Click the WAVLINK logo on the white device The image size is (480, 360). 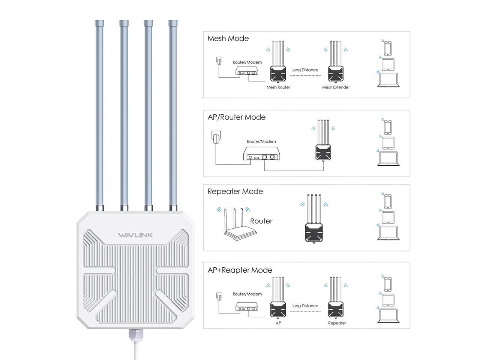[135, 235]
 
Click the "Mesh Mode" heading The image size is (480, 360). [228, 39]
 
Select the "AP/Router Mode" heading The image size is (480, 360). [236, 117]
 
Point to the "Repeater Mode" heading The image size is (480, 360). [235, 192]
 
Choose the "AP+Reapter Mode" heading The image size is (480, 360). [240, 270]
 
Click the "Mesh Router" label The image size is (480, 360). [278, 87]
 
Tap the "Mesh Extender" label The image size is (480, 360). [336, 87]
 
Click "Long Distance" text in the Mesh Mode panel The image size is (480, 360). [304, 70]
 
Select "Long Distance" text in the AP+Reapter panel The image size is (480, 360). [304, 306]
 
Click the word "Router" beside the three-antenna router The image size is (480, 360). [261, 221]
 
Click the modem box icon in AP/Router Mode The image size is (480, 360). [261, 154]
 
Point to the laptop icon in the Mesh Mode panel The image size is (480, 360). [388, 81]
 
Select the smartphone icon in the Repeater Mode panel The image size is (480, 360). [388, 201]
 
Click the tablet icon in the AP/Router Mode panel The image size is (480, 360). [388, 143]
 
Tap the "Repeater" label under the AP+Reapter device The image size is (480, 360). [337, 323]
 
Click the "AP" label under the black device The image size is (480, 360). [278, 323]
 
